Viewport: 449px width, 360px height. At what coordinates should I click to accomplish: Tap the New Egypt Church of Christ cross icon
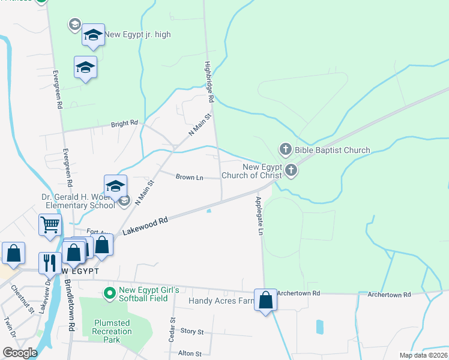pos(291,170)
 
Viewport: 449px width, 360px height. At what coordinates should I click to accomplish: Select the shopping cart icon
pos(50,225)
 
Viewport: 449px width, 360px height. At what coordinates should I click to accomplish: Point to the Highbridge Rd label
pos(209,82)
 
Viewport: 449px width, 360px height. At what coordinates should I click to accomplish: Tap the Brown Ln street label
pos(189,177)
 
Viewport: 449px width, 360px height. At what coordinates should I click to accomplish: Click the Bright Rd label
pos(124,124)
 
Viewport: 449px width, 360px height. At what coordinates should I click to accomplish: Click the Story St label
pos(192,331)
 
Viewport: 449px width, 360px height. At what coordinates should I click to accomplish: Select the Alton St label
pos(190,353)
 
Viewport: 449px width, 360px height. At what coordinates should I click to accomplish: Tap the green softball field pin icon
pos(109,294)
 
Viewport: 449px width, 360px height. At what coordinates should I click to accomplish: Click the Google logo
pos(20,353)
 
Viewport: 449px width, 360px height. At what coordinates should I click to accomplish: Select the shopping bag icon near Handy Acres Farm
pos(265,301)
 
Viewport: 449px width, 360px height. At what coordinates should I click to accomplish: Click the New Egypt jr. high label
pos(137,35)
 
